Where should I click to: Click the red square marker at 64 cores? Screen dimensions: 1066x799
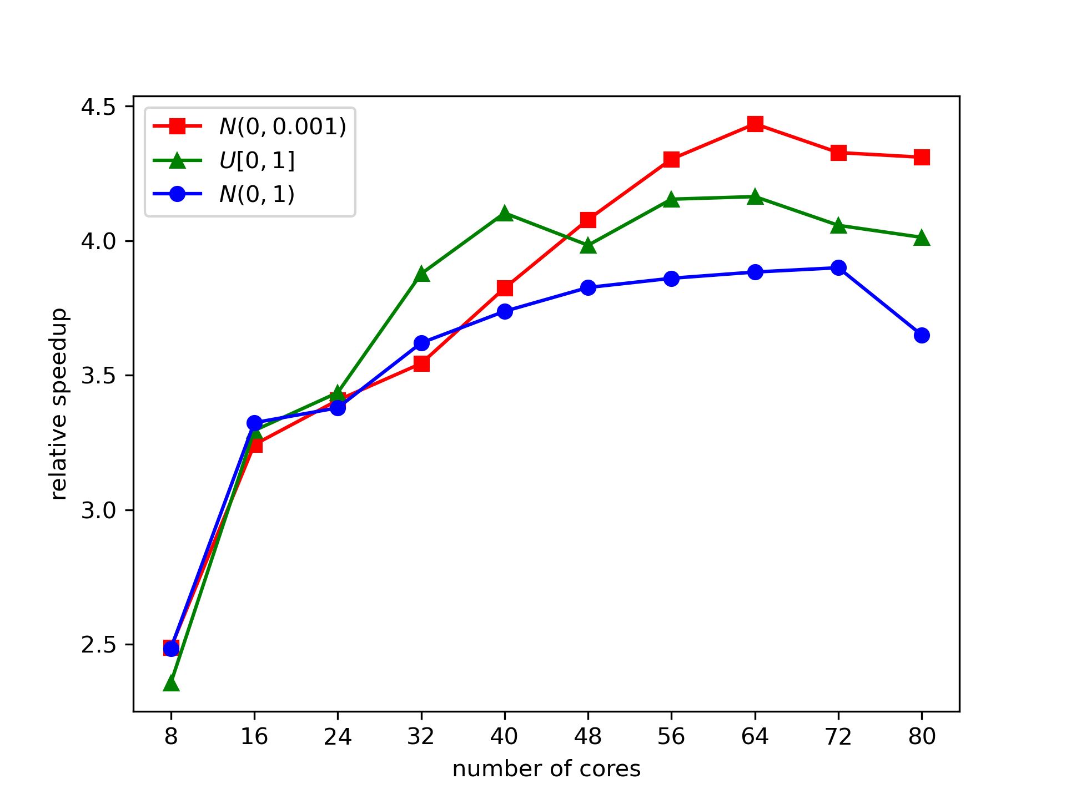(x=755, y=123)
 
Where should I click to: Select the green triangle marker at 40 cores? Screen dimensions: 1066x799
(x=505, y=213)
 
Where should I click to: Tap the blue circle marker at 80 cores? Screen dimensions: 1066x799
(x=922, y=335)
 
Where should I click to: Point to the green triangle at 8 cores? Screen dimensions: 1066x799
(x=171, y=684)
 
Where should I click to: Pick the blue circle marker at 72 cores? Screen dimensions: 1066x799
(x=838, y=268)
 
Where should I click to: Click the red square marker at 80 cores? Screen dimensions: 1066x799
(x=922, y=157)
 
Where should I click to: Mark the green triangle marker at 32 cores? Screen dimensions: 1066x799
(x=421, y=274)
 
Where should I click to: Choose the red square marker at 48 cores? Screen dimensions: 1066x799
(x=588, y=220)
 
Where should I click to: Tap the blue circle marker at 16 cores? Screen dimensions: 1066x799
(x=254, y=423)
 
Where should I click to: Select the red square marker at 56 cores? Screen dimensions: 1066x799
(x=671, y=160)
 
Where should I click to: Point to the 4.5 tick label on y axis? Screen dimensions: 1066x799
(x=98, y=107)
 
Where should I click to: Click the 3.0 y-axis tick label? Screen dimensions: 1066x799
(x=98, y=510)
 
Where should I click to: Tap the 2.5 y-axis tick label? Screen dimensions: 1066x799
(x=98, y=645)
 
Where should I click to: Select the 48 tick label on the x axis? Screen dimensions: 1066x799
(x=588, y=737)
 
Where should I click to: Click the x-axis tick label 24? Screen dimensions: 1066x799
(x=338, y=737)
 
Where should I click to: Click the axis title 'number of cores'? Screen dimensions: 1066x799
(x=546, y=769)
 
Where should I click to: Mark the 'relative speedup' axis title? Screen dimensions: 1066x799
(x=59, y=404)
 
